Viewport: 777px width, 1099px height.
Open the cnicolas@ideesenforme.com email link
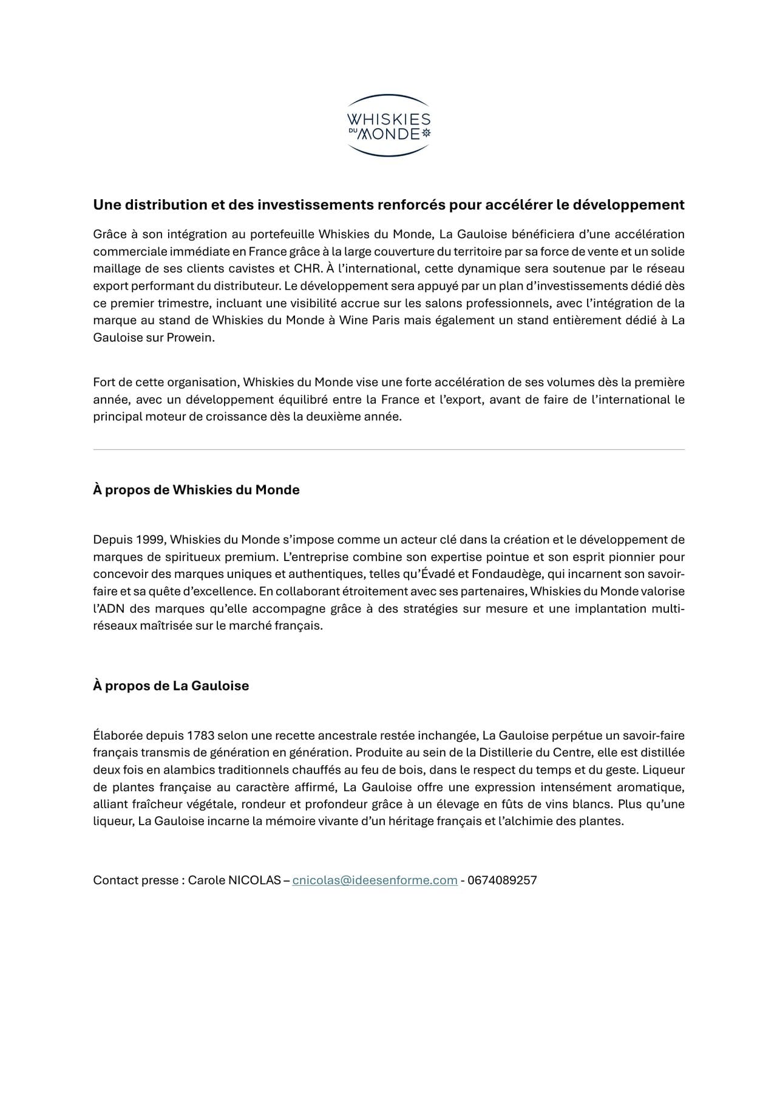pyautogui.click(x=375, y=880)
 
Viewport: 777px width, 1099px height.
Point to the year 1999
pyautogui.click(x=151, y=539)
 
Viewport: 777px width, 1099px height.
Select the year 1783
pyautogui.click(x=200, y=735)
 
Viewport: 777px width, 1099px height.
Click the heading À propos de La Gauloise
pyautogui.click(x=171, y=686)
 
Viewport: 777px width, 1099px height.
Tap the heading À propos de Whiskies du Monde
pyautogui.click(x=196, y=489)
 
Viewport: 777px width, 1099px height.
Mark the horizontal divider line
pyautogui.click(x=388, y=450)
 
